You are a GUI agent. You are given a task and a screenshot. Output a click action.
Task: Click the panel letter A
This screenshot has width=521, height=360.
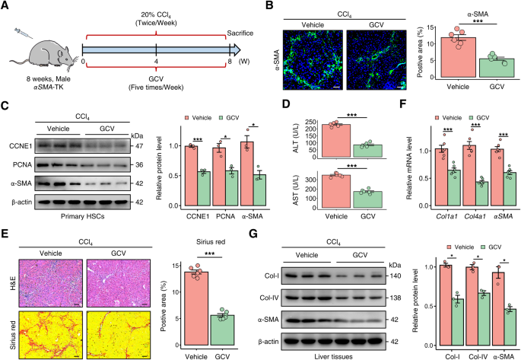click(7, 6)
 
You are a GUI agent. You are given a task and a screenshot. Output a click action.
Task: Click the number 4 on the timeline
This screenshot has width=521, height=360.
click(157, 62)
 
